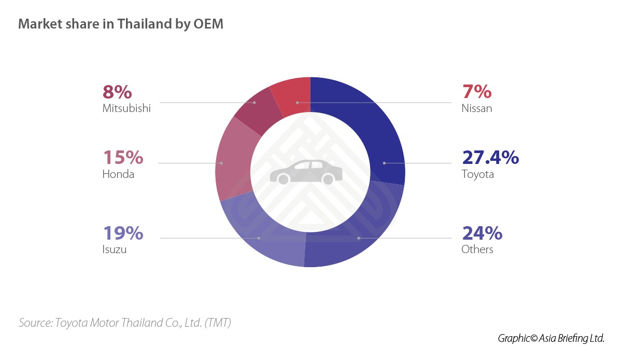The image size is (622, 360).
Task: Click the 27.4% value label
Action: point(490,157)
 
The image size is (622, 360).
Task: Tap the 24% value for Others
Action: point(482,233)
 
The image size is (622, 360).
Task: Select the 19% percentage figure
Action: point(123,233)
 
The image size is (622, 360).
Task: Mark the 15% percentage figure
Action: point(123,157)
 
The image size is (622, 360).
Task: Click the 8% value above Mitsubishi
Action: point(117,92)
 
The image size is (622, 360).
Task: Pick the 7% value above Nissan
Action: point(476,92)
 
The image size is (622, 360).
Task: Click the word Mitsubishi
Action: point(126,108)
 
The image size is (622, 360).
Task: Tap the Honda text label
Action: point(118,174)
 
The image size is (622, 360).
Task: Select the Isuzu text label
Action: point(115,250)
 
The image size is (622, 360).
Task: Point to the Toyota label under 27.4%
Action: point(477,174)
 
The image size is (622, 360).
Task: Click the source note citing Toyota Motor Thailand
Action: point(125,323)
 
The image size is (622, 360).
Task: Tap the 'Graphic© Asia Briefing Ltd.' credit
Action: point(551,338)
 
